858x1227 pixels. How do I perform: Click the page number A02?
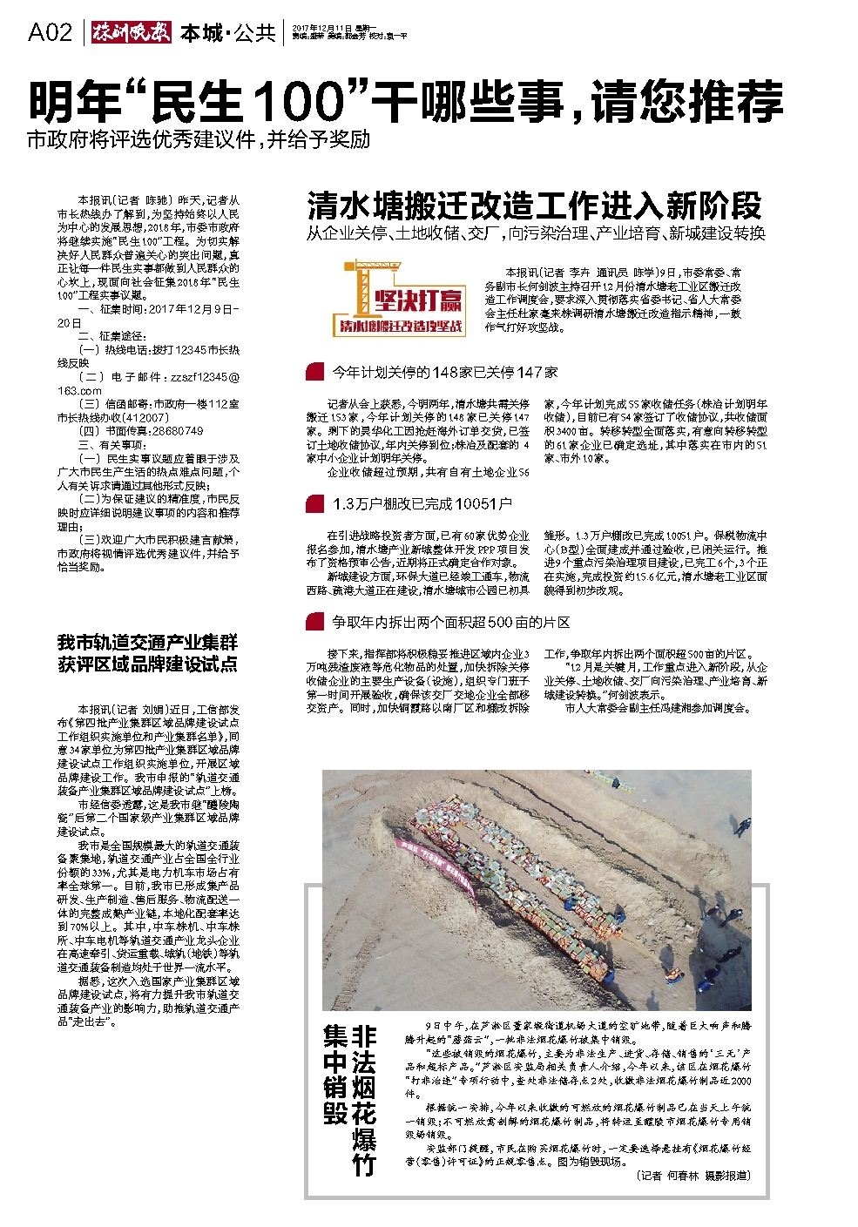pyautogui.click(x=50, y=33)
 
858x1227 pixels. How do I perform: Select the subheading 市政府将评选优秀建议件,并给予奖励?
pyautogui.click(x=199, y=139)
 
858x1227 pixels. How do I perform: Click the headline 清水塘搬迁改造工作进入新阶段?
pyautogui.click(x=534, y=206)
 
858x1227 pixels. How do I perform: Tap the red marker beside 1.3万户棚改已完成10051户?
pyautogui.click(x=311, y=504)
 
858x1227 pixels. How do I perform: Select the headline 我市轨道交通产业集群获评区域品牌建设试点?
pyautogui.click(x=147, y=654)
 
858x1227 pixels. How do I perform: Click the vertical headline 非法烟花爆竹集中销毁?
pyautogui.click(x=349, y=1099)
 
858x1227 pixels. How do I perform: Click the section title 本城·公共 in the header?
pyautogui.click(x=227, y=33)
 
